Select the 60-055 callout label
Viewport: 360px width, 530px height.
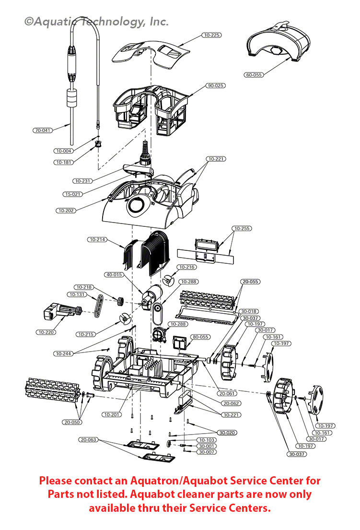tap(254, 75)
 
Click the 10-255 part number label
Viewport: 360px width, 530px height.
tap(242, 228)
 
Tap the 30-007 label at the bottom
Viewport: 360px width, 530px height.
tap(207, 452)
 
